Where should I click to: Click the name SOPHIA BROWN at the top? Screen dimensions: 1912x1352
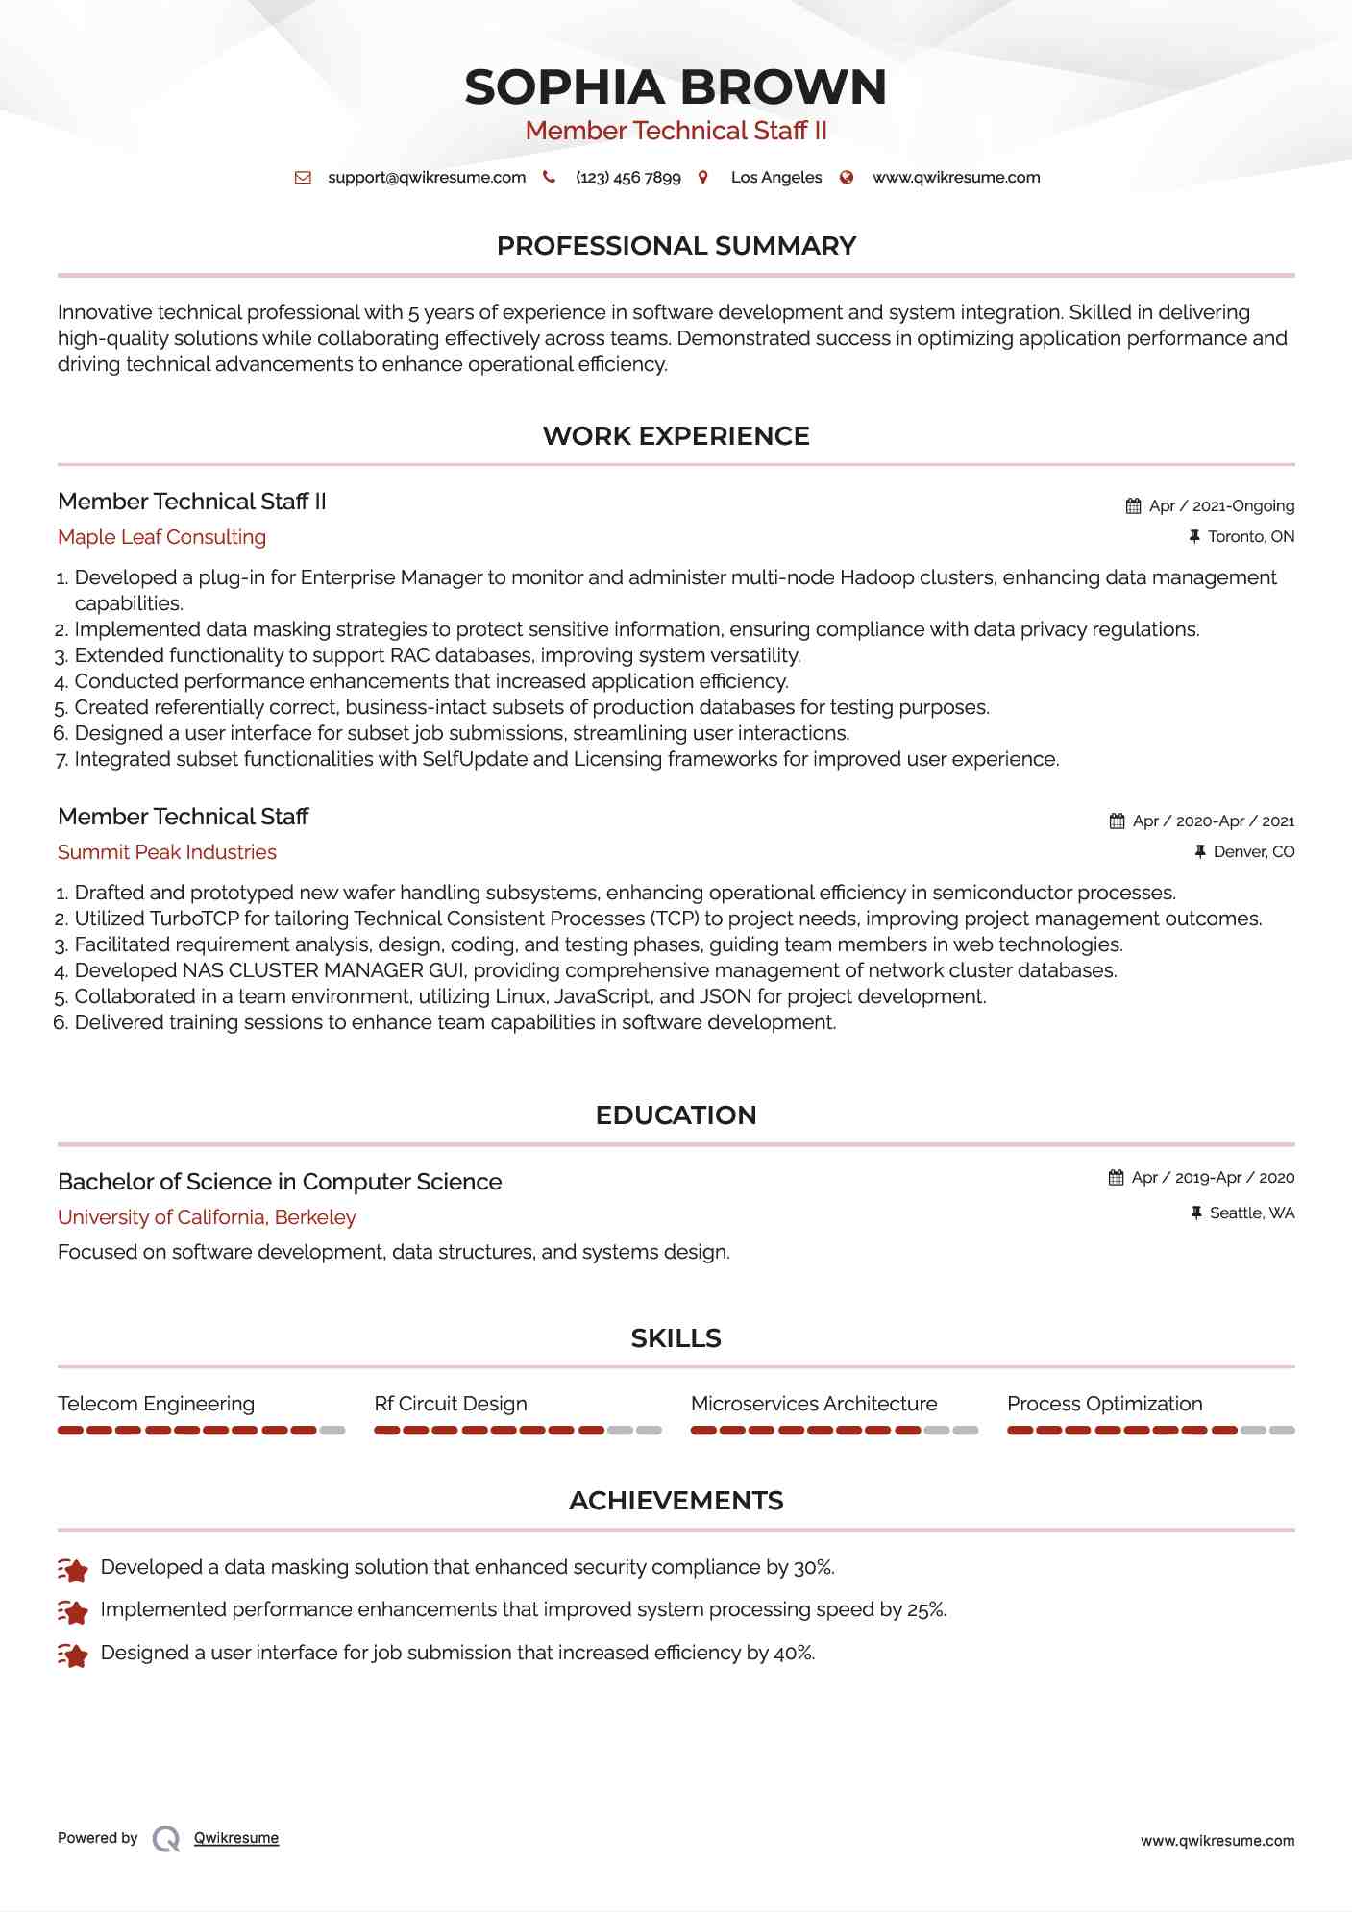(x=676, y=87)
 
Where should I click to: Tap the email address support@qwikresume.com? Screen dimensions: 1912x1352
(x=427, y=178)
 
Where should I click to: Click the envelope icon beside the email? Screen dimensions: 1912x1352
(x=303, y=178)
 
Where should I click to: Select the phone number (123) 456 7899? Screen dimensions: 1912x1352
(x=627, y=178)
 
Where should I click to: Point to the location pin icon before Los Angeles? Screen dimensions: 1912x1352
(x=703, y=178)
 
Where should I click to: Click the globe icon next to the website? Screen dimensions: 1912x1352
(x=847, y=178)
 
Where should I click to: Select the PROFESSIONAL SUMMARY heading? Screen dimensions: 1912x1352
(x=676, y=246)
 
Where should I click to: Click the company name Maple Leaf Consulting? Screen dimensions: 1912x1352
(x=161, y=537)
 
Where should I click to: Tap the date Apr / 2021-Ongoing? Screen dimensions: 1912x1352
(x=1221, y=506)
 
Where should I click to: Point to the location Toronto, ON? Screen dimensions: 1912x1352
(x=1250, y=537)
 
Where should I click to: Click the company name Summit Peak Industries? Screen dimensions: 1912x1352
(x=167, y=852)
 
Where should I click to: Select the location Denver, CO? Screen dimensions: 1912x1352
(x=1253, y=852)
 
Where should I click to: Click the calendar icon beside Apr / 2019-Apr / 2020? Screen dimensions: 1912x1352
(x=1116, y=1178)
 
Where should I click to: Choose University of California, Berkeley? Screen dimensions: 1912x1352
(x=207, y=1217)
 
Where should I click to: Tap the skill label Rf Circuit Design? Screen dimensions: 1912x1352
(x=451, y=1404)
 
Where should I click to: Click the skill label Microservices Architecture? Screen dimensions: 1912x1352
(x=814, y=1404)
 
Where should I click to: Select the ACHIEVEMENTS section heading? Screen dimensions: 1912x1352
(x=676, y=1501)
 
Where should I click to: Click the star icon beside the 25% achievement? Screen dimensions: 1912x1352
(x=73, y=1611)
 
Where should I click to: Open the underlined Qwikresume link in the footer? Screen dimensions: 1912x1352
(x=236, y=1838)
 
